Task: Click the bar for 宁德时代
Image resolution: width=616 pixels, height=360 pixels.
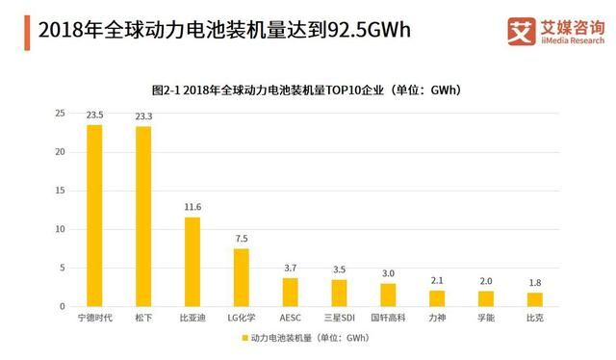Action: pyautogui.click(x=94, y=216)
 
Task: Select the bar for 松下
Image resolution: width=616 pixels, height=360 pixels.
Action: pyautogui.click(x=143, y=217)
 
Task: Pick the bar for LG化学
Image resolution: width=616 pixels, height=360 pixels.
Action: pyautogui.click(x=242, y=277)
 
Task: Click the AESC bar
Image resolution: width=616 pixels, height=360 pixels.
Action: pyautogui.click(x=290, y=292)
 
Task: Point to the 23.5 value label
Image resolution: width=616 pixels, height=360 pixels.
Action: pyautogui.click(x=94, y=116)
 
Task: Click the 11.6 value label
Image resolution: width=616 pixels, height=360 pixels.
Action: pyautogui.click(x=192, y=207)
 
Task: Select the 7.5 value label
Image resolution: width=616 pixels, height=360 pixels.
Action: pyautogui.click(x=242, y=239)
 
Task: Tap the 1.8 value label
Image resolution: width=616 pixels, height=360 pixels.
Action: pyautogui.click(x=534, y=283)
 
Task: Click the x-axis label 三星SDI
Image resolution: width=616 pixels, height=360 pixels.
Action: pyautogui.click(x=339, y=317)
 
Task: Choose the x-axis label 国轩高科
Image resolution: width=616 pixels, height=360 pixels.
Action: pyautogui.click(x=388, y=317)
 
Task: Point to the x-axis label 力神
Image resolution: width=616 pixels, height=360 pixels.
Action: pyautogui.click(x=437, y=317)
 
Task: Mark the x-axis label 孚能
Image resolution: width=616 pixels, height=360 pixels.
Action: pyautogui.click(x=486, y=317)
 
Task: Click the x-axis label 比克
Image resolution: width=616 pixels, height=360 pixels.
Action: pyautogui.click(x=534, y=317)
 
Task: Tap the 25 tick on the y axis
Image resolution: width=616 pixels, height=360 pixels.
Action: pyautogui.click(x=60, y=114)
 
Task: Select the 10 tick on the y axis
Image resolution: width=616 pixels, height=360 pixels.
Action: pyautogui.click(x=60, y=229)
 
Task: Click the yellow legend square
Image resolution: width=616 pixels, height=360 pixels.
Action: pyautogui.click(x=244, y=339)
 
